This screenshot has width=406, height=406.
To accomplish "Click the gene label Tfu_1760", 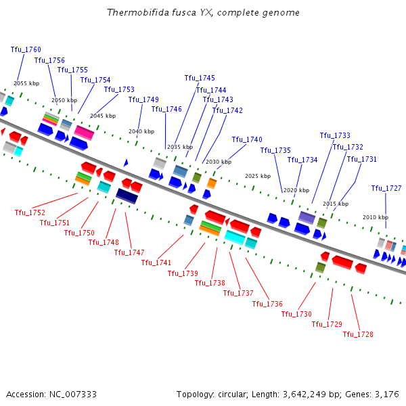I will (x=26, y=49).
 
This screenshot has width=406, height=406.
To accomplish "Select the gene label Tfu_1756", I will (x=49, y=60).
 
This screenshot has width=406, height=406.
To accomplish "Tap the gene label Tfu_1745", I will (x=200, y=78).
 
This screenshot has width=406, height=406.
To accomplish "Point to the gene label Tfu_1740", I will (x=247, y=139).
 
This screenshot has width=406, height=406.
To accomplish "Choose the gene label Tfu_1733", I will (x=335, y=135).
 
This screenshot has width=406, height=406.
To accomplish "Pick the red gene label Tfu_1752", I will (x=30, y=212).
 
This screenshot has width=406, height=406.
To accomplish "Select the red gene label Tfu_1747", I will (x=129, y=252).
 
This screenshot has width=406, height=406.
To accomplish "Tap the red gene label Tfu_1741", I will (x=156, y=263).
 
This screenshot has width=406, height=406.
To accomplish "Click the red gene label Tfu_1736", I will (x=267, y=304).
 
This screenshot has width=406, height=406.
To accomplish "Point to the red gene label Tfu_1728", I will (x=358, y=334).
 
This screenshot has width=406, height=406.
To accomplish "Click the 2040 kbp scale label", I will (x=141, y=131).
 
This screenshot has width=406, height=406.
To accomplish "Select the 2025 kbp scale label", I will (x=258, y=176).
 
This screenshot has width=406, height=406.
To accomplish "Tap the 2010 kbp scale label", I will (x=376, y=217).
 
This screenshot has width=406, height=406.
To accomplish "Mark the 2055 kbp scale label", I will (x=26, y=83).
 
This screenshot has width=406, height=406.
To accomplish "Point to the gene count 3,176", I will (x=386, y=394).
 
